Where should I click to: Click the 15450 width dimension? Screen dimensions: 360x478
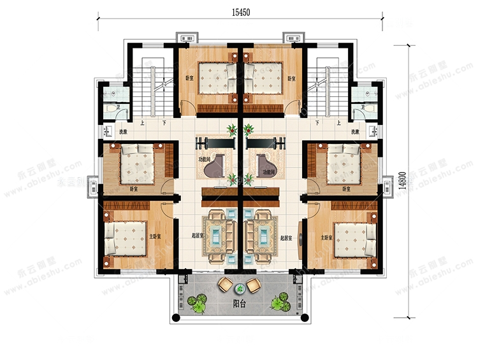240,11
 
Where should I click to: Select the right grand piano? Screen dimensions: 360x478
266,166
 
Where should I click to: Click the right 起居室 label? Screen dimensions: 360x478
286,237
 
